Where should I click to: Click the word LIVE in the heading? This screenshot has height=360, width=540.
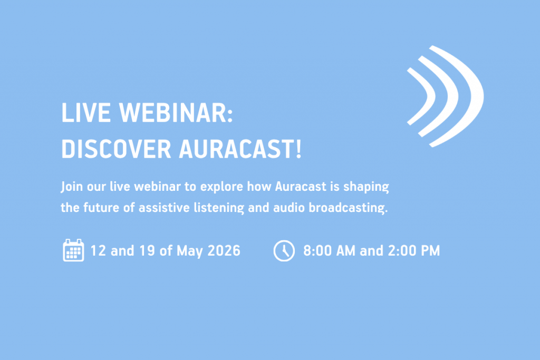(86, 113)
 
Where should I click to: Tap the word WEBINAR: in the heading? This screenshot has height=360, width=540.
(176, 113)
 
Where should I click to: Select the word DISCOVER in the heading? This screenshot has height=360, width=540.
(116, 149)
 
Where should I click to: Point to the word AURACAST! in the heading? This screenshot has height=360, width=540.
(240, 149)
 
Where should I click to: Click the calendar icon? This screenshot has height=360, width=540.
(73, 250)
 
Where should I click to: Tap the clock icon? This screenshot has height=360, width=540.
(284, 250)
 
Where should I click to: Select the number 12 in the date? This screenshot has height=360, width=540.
(98, 250)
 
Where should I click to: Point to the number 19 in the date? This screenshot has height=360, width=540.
(147, 250)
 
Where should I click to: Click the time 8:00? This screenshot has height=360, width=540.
(317, 250)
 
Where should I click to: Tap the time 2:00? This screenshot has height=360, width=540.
(402, 250)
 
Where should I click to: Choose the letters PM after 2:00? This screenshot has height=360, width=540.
(430, 250)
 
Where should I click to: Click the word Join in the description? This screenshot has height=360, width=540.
(72, 187)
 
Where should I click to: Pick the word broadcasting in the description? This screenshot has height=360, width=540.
(348, 208)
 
